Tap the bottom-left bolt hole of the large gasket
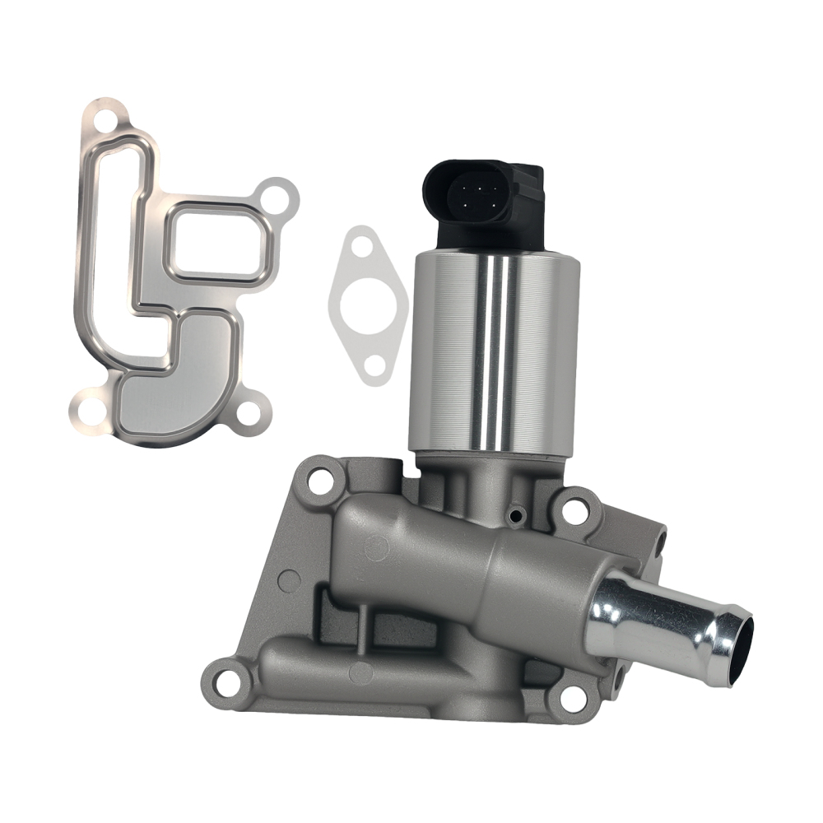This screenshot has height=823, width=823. click(x=87, y=407)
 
